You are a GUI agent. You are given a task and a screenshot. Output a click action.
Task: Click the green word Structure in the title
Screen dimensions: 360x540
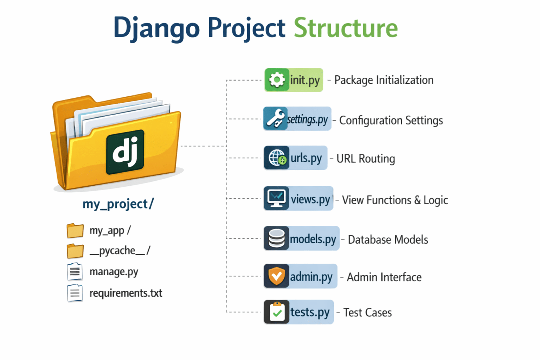pyautogui.click(x=346, y=27)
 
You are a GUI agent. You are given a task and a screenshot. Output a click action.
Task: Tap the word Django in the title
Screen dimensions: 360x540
pyautogui.click(x=156, y=28)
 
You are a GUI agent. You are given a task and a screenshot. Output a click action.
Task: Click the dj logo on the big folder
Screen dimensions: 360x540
pyautogui.click(x=125, y=152)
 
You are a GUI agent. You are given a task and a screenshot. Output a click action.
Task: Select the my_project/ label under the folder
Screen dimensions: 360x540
pyautogui.click(x=118, y=204)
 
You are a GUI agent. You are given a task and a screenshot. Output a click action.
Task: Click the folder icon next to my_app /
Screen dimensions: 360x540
pyautogui.click(x=75, y=231)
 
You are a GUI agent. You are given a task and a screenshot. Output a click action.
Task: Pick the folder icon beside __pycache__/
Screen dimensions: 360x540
pyautogui.click(x=75, y=251)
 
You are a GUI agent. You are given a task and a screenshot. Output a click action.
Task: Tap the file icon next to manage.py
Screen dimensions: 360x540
pyautogui.click(x=75, y=272)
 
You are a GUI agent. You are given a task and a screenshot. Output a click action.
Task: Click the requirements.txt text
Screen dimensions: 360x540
pyautogui.click(x=126, y=293)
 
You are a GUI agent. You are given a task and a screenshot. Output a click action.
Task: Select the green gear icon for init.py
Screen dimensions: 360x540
pyautogui.click(x=277, y=80)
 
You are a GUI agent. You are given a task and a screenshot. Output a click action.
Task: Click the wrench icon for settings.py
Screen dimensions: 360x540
pyautogui.click(x=275, y=118)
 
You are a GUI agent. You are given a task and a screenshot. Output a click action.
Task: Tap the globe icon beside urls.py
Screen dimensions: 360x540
pyautogui.click(x=277, y=158)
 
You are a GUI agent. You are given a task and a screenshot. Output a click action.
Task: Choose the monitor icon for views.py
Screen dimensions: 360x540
pyautogui.click(x=276, y=198)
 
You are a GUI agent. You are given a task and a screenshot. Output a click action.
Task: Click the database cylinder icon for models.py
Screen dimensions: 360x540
pyautogui.click(x=276, y=238)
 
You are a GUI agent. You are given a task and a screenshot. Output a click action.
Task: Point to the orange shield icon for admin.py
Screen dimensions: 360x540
pyautogui.click(x=277, y=276)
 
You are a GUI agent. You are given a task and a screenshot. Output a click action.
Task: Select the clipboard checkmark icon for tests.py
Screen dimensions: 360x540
pyautogui.click(x=277, y=312)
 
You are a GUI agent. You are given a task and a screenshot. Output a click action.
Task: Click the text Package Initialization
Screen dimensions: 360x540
pyautogui.click(x=384, y=80)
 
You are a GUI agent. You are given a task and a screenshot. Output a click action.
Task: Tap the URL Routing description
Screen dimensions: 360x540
pyautogui.click(x=366, y=159)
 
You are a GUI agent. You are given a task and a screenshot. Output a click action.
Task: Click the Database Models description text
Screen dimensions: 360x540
pyautogui.click(x=388, y=240)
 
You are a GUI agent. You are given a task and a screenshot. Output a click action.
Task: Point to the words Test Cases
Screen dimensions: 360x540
pyautogui.click(x=367, y=313)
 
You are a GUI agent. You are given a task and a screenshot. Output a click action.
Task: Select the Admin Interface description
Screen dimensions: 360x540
pyautogui.click(x=384, y=277)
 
